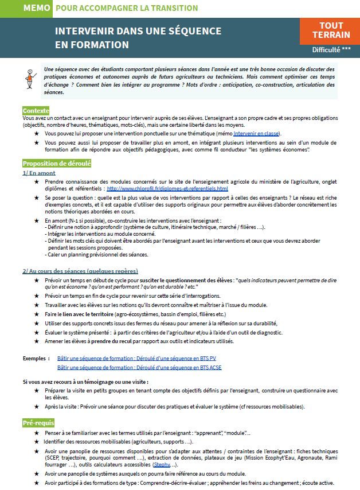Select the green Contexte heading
[36, 110]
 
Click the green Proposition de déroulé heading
[56, 163]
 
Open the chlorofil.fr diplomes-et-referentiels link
[167, 188]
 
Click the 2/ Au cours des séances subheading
[80, 270]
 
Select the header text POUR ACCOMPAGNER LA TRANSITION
[127, 8]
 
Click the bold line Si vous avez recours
[85, 382]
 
